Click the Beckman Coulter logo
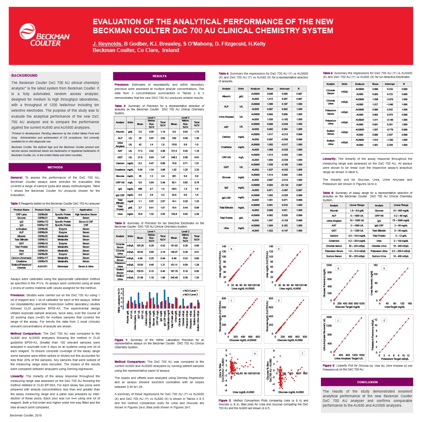(44, 34)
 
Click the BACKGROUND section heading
(24, 75)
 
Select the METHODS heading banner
(55, 167)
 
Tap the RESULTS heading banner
(159, 76)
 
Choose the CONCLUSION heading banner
(367, 382)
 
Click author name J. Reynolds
(107, 44)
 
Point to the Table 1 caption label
(15, 204)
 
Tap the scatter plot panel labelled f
(284, 373)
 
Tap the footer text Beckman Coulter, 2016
(26, 415)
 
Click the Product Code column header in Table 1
(43, 210)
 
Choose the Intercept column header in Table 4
(285, 88)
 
